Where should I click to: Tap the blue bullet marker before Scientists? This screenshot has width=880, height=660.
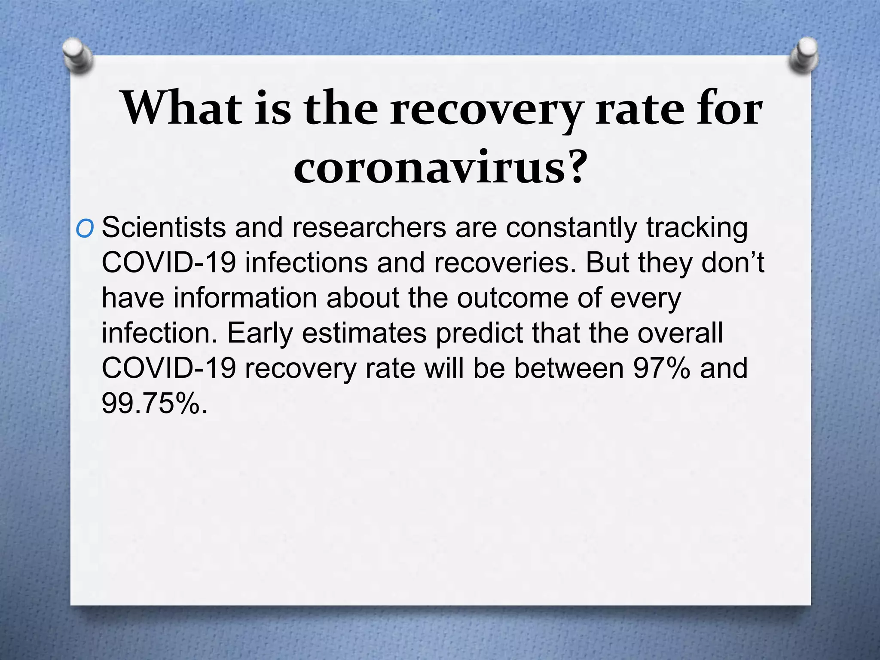[84, 230]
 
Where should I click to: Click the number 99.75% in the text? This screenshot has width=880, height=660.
[155, 403]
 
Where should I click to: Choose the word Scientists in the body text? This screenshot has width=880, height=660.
[164, 227]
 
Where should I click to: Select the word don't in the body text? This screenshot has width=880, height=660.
[733, 263]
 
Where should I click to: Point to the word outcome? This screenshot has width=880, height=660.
[513, 298]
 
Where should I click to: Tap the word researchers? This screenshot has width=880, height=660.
[369, 227]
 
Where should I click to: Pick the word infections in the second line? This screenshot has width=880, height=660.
[306, 263]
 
